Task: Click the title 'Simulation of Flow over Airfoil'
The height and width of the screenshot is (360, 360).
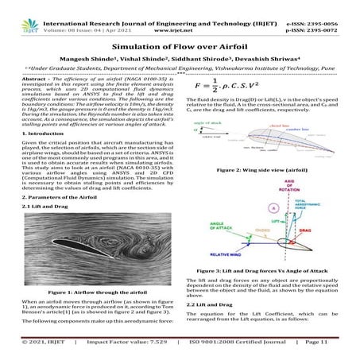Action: (x=180, y=47)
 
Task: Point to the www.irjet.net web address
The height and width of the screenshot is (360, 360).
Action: (x=180, y=16)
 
